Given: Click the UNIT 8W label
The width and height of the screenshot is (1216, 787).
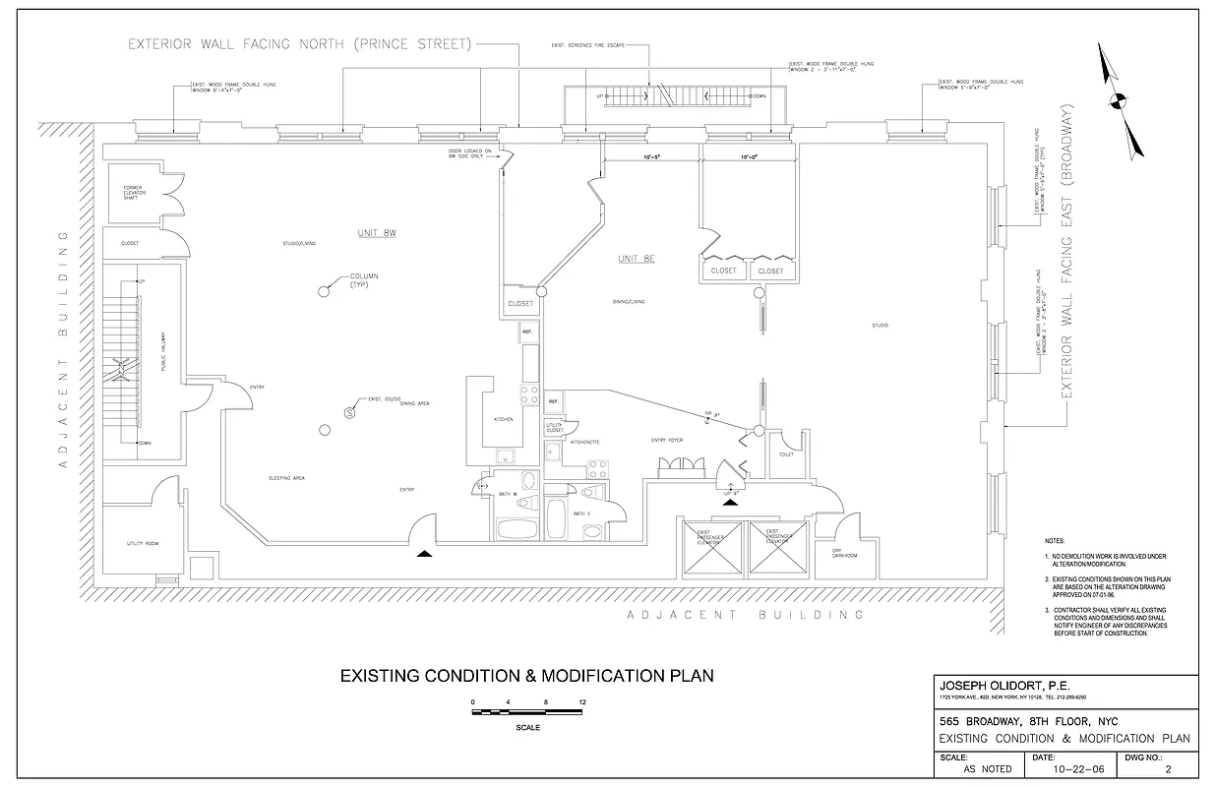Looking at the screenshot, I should (x=376, y=233).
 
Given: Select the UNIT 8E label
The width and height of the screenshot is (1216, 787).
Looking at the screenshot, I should (x=637, y=258).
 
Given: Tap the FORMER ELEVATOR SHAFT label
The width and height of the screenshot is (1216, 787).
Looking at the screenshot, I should (x=131, y=192).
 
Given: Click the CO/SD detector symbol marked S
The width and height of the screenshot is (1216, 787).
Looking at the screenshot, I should (x=348, y=413).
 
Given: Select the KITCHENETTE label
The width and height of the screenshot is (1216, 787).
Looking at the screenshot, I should (x=584, y=442).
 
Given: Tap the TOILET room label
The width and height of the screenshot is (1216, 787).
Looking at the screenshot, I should (x=786, y=454).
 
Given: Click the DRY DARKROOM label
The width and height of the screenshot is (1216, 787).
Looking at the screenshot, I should (x=844, y=553).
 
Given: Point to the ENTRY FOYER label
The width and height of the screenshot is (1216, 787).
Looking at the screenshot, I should (x=667, y=440).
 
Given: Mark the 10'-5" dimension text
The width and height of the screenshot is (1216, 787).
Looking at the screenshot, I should (x=651, y=156).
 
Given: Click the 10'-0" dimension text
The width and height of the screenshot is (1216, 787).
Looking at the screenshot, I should (x=748, y=156).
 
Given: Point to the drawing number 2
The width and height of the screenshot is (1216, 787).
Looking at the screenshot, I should (x=1167, y=769).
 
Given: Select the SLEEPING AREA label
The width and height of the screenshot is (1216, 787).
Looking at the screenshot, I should (x=286, y=478).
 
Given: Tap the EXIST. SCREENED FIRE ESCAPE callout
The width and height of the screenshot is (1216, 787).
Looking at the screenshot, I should (x=588, y=45).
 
